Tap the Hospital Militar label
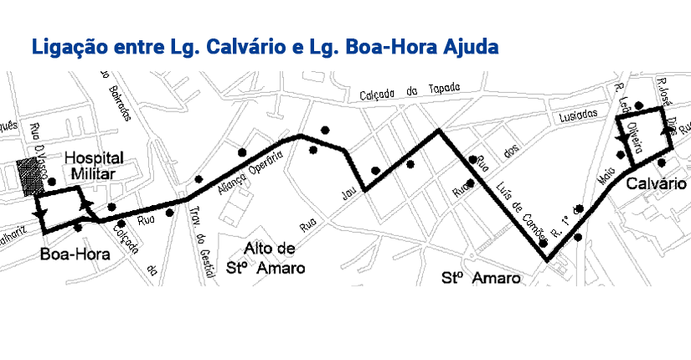click(x=94, y=165)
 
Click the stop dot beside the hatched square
click(x=51, y=181)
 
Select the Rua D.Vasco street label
click(x=36, y=142)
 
